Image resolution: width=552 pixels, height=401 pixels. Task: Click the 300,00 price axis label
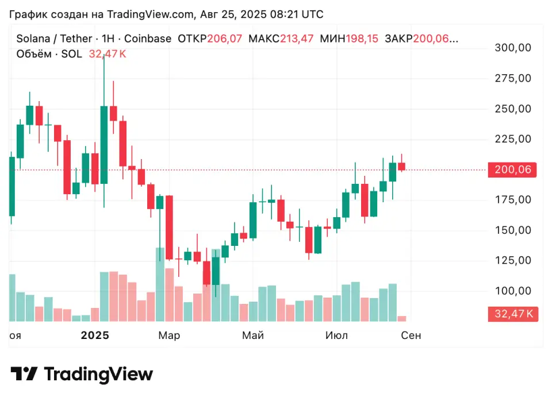[513, 48]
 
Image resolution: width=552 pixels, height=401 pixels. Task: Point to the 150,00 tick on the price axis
[513, 230]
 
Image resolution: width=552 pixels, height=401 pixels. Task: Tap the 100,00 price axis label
[513, 291]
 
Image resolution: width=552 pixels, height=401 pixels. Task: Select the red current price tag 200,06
[512, 169]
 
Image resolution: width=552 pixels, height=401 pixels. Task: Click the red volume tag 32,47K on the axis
[512, 314]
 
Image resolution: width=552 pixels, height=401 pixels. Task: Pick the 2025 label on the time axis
[95, 335]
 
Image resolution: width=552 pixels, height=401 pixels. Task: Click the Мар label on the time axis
[169, 335]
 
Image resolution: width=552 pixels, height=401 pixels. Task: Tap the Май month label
[253, 335]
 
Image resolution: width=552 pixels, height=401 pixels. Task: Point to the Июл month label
[336, 335]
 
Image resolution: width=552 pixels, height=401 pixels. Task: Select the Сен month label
[411, 335]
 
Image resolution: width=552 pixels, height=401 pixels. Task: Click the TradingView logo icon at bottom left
[25, 375]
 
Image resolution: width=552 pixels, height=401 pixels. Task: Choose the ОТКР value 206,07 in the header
[224, 38]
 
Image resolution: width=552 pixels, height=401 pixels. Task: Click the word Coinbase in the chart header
[148, 38]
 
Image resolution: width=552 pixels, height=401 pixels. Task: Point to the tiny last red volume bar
[401, 318]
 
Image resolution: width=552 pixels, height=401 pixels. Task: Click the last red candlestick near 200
[401, 167]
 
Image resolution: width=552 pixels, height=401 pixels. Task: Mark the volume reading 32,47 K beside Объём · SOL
[108, 54]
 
